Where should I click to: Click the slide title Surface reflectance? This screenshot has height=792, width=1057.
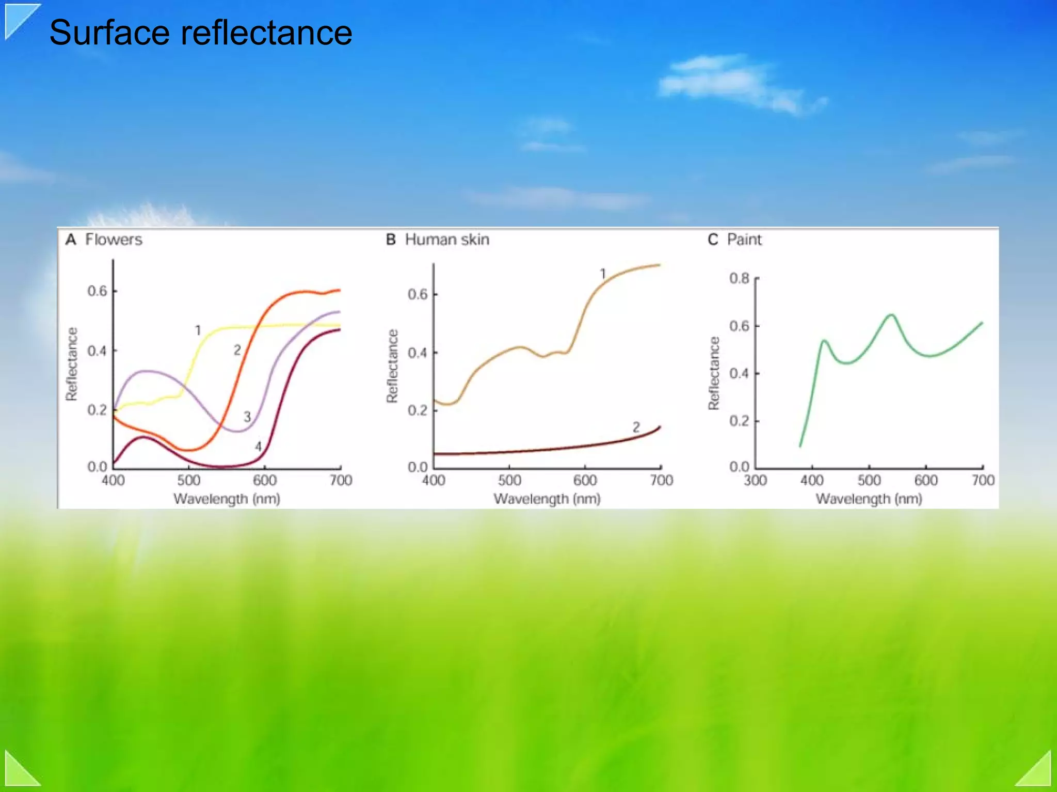[200, 33]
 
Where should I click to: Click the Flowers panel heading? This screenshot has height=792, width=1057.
[114, 240]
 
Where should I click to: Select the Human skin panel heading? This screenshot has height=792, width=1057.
[447, 240]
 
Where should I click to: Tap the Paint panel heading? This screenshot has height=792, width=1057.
[744, 240]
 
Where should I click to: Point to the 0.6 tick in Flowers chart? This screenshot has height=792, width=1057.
[97, 291]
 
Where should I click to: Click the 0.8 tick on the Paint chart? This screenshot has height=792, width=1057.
[739, 279]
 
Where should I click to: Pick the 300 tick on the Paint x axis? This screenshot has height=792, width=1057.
[755, 481]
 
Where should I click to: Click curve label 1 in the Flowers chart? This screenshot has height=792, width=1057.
[198, 330]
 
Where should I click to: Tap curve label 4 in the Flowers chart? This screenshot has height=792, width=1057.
[258, 446]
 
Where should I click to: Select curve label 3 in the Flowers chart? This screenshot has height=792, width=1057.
[247, 417]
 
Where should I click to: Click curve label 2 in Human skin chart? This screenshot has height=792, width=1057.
[636, 427]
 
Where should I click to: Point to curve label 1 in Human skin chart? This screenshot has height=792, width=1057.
[603, 274]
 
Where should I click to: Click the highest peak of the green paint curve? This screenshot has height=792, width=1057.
[891, 315]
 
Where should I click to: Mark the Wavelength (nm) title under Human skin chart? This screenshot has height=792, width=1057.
[547, 499]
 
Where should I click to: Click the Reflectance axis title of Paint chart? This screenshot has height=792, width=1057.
[714, 373]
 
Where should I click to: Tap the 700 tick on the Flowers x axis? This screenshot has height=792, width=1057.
[341, 481]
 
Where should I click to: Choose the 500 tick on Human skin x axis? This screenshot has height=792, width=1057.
[509, 481]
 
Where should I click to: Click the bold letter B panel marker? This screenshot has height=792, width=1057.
[391, 240]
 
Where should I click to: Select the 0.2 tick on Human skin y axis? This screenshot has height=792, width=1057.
[418, 410]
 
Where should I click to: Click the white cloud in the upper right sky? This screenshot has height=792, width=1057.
[733, 83]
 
